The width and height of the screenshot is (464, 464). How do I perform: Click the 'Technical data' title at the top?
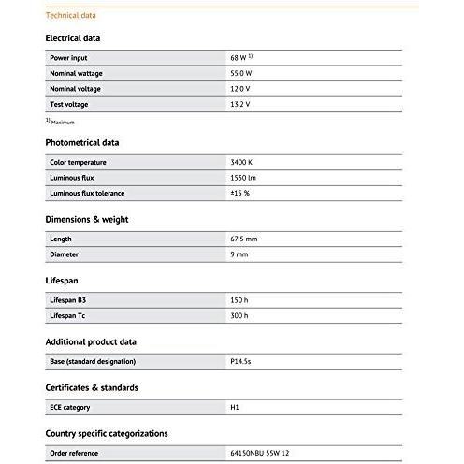tap(70, 16)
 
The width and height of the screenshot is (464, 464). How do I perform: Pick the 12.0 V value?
tap(240, 88)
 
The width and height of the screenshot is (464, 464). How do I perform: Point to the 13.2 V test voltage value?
tap(240, 104)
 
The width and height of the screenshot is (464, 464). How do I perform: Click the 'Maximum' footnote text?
tap(62, 123)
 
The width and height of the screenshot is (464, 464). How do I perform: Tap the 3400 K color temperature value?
tap(241, 162)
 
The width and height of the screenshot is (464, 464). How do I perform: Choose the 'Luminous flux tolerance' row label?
tap(86, 193)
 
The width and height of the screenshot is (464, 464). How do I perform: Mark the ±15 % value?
tap(239, 193)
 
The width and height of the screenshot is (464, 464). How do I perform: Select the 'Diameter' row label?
tap(64, 254)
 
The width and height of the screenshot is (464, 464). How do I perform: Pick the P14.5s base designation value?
tap(241, 361)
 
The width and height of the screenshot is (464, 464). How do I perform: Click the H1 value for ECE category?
tap(235, 407)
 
